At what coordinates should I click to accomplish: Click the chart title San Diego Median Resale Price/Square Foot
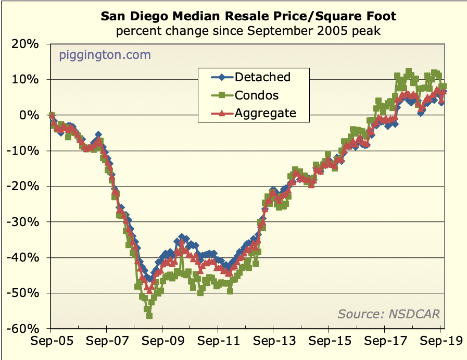tap(248, 16)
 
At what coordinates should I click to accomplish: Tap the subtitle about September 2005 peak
tap(248, 31)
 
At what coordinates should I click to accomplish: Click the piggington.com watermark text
tap(105, 54)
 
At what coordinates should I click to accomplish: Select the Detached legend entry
tap(262, 77)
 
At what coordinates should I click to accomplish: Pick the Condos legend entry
tap(256, 95)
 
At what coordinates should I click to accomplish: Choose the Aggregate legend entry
tap(265, 113)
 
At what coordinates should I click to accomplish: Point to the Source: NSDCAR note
tap(388, 314)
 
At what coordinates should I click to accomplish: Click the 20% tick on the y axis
tap(26, 44)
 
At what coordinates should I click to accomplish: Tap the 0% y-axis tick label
tap(30, 115)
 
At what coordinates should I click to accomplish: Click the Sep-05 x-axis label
tap(51, 343)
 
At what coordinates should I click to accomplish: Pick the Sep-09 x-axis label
tap(162, 343)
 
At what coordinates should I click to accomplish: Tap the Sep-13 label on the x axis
tap(273, 343)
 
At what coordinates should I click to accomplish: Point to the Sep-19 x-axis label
tap(439, 343)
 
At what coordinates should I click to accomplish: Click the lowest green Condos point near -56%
tap(149, 315)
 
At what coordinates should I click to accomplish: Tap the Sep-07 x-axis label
tap(106, 343)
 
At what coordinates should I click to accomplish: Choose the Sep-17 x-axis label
tap(384, 343)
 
